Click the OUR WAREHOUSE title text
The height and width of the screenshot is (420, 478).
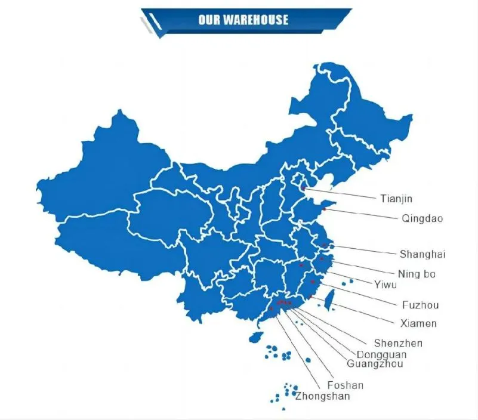click(x=243, y=20)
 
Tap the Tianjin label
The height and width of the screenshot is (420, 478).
click(x=396, y=199)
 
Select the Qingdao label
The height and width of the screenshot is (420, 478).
click(x=423, y=218)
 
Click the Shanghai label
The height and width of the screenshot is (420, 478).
click(x=423, y=255)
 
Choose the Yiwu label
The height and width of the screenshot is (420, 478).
click(x=386, y=284)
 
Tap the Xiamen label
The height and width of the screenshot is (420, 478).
click(x=418, y=323)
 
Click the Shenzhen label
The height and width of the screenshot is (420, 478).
click(x=398, y=343)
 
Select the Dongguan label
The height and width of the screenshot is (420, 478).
click(x=381, y=354)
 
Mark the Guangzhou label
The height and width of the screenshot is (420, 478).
click(x=375, y=364)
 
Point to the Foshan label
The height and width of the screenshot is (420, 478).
click(x=346, y=385)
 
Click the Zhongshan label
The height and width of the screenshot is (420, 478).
click(x=322, y=396)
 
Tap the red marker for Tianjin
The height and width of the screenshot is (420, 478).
click(x=304, y=188)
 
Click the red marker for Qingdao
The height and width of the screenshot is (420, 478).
click(x=324, y=210)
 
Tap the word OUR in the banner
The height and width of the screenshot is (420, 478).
click(x=209, y=20)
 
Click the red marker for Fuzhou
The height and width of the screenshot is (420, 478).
click(x=313, y=282)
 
